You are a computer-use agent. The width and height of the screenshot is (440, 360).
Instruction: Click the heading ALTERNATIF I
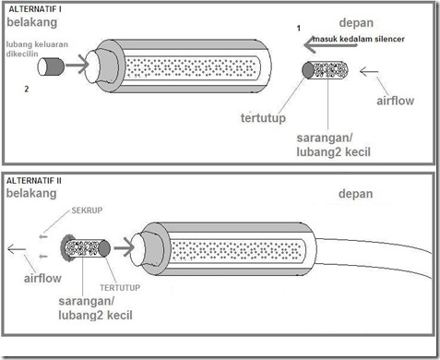point(35,9)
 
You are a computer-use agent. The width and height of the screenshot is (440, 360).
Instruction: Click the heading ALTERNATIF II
point(34,181)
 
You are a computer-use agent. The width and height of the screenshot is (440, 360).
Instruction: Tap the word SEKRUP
point(87,210)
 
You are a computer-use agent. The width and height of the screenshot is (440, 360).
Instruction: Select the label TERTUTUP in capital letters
point(120,288)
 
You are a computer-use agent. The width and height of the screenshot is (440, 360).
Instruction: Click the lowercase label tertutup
point(263,118)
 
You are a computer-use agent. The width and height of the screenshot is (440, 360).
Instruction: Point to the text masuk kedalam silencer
point(359,39)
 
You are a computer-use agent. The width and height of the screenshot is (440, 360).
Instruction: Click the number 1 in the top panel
point(299,29)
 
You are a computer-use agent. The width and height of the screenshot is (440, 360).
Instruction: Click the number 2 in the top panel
point(27,89)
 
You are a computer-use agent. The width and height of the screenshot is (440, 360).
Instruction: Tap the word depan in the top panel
point(356,23)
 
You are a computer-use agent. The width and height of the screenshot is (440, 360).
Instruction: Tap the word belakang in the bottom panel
point(31,193)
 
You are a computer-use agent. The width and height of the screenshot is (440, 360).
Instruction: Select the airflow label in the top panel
point(396,101)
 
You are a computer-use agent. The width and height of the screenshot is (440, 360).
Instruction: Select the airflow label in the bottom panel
point(42,278)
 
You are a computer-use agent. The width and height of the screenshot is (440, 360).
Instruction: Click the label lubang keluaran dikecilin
point(37,49)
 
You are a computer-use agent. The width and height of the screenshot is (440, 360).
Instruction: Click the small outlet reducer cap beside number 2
point(51,66)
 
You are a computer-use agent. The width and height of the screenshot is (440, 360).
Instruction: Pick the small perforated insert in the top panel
point(325,70)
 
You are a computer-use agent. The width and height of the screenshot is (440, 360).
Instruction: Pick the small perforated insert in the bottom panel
point(86,248)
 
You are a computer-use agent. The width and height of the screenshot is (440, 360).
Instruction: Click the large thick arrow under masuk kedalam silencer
point(330,45)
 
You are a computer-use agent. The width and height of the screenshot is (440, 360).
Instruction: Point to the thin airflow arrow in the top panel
point(369,72)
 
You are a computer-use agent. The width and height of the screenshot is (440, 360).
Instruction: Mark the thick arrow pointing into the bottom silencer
point(125,247)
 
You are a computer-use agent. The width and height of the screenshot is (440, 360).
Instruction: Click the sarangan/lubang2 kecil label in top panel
point(334,145)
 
